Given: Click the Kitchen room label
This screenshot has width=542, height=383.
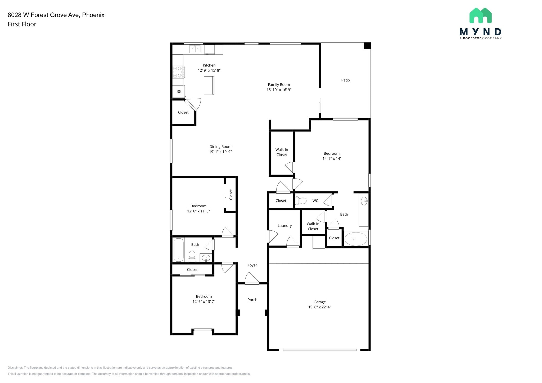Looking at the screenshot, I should pyautogui.click(x=209, y=65).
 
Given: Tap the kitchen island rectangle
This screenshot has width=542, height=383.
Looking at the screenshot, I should pyautogui.click(x=209, y=85).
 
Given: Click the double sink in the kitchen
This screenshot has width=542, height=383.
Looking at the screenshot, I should pyautogui.click(x=195, y=49).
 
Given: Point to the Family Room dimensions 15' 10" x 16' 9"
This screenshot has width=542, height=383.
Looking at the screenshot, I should pyautogui.click(x=279, y=90).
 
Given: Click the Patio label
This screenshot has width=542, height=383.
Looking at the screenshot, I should pyautogui.click(x=345, y=80).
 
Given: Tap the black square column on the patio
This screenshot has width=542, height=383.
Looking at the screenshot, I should pyautogui.click(x=367, y=46).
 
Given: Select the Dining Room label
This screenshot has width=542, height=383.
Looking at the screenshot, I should pyautogui.click(x=220, y=147).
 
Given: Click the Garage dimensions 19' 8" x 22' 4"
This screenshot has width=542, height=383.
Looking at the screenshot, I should pyautogui.click(x=319, y=307).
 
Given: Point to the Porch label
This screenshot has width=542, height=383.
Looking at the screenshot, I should pyautogui.click(x=252, y=300).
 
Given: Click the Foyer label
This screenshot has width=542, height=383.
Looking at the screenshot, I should pyautogui.click(x=252, y=265).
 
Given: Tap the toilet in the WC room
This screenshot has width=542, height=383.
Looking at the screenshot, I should pyautogui.click(x=300, y=201).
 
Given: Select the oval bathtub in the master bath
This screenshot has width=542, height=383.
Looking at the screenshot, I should pyautogui.click(x=356, y=239).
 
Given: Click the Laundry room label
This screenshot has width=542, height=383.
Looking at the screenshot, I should pyautogui.click(x=284, y=226).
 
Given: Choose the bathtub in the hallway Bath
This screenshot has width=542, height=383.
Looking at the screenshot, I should pyautogui.click(x=178, y=250).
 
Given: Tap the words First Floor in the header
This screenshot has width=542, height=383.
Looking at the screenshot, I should pyautogui.click(x=22, y=24).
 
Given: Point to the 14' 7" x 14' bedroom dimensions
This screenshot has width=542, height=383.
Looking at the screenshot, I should pyautogui.click(x=331, y=158).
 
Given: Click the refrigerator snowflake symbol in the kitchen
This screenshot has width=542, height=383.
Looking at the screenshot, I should pyautogui.click(x=179, y=92).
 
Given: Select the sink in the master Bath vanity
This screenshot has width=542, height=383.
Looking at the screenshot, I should pyautogui.click(x=364, y=201).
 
